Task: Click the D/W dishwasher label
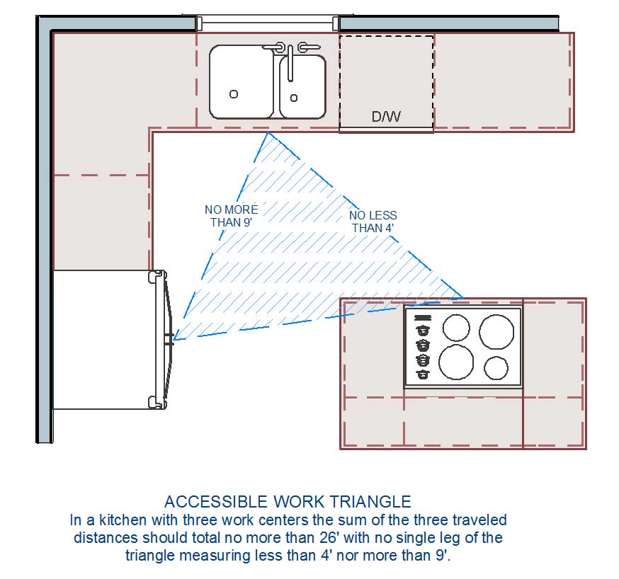(x=386, y=116)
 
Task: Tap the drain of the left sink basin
(x=234, y=94)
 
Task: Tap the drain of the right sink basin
(x=294, y=98)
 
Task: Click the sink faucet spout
(x=290, y=63)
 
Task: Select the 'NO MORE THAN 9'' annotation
(x=232, y=216)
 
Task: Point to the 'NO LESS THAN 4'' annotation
(x=373, y=222)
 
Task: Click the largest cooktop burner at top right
(x=496, y=332)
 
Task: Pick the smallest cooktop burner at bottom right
(x=496, y=368)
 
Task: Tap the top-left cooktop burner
(x=456, y=327)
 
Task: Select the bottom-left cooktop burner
(x=456, y=362)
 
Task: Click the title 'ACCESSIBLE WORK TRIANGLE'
(x=288, y=502)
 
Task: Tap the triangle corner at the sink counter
(x=268, y=132)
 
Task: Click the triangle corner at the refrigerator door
(x=174, y=340)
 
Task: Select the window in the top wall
(x=267, y=23)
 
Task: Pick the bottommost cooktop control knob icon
(x=422, y=373)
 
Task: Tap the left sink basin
(x=242, y=81)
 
